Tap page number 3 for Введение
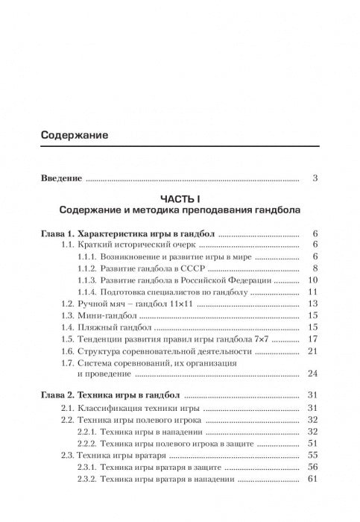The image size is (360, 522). click(x=316, y=178)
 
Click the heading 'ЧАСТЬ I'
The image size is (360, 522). click(x=179, y=198)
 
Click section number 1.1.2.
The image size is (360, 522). click(x=91, y=268)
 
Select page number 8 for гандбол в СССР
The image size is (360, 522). click(x=316, y=268)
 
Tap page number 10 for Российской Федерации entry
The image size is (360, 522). click(x=314, y=280)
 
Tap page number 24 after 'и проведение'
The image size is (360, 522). click(x=314, y=374)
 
